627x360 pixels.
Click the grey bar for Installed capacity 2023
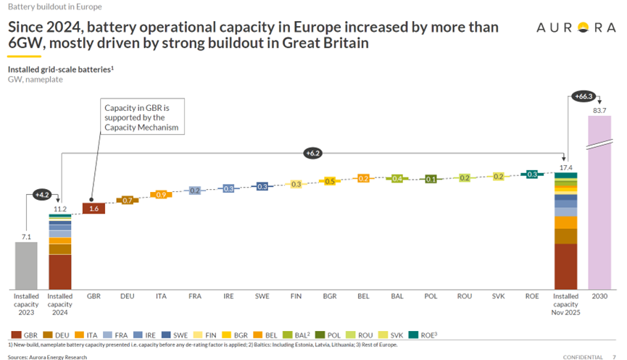click(26, 265)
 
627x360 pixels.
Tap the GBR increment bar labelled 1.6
click(94, 209)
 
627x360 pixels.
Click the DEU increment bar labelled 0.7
click(127, 200)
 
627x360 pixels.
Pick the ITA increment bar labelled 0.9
click(161, 195)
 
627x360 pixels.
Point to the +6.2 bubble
click(312, 153)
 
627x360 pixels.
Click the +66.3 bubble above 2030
click(583, 96)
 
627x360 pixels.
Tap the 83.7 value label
click(599, 109)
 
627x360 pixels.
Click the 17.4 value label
click(567, 167)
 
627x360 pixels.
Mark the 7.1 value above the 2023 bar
click(26, 236)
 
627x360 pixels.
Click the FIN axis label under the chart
click(296, 296)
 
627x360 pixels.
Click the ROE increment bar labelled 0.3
click(533, 175)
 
